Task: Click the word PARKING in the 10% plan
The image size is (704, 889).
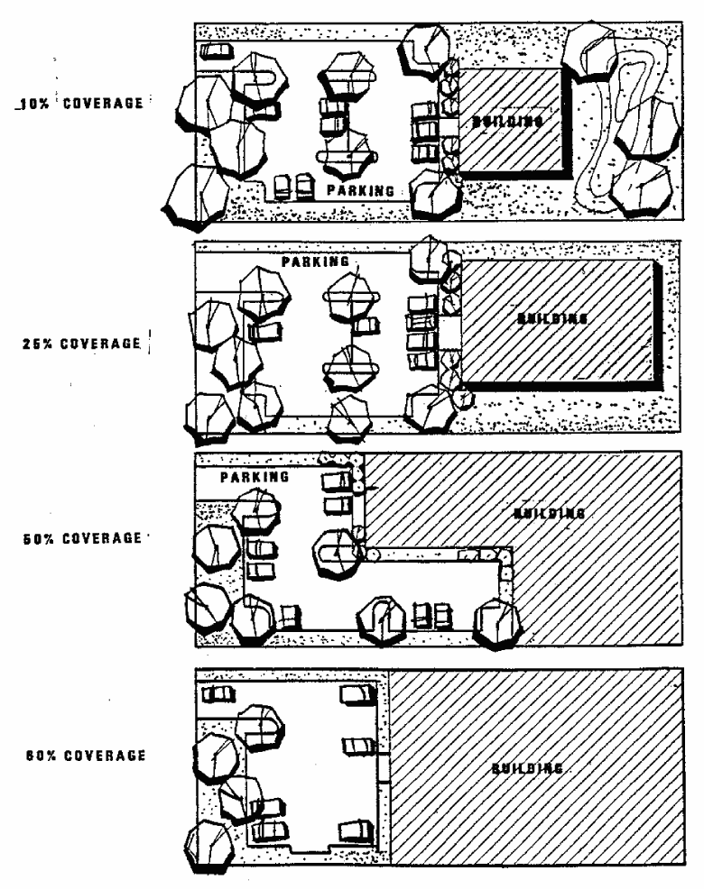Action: [x=360, y=190]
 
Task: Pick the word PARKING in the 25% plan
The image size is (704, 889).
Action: [x=315, y=261]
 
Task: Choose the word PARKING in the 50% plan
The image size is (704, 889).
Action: [x=255, y=476]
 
